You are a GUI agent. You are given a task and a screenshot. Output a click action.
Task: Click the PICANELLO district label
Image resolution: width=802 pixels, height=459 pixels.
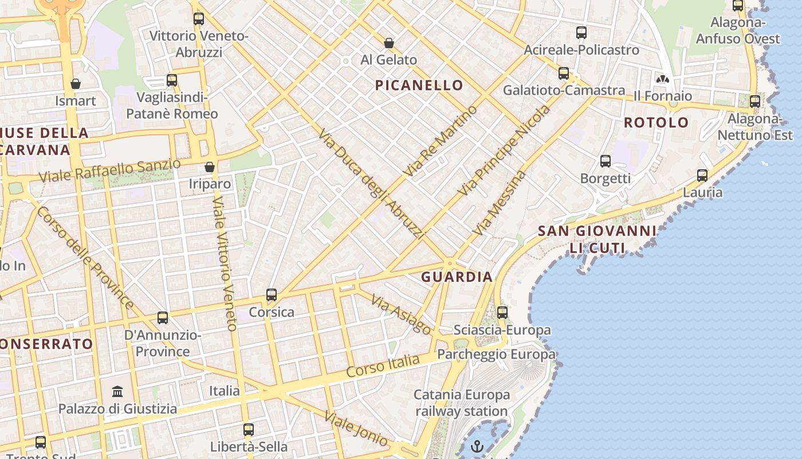(x=419, y=85)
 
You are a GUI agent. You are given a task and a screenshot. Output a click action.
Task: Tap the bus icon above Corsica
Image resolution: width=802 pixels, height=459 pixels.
(x=272, y=295)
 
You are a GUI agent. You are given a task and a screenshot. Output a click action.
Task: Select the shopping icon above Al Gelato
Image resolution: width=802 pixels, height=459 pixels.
(x=389, y=42)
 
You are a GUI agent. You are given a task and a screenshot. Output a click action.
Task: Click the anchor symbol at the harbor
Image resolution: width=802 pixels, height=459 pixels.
(x=477, y=445)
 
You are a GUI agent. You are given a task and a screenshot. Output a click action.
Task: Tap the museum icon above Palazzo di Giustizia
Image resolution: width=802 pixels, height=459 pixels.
(x=117, y=391)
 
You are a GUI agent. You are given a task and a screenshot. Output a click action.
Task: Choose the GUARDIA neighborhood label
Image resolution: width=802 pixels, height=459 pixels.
(x=457, y=277)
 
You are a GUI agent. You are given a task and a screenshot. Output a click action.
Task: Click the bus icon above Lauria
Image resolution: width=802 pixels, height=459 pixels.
(x=702, y=175)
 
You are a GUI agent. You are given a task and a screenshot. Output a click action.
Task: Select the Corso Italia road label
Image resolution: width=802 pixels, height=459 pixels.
(x=383, y=365)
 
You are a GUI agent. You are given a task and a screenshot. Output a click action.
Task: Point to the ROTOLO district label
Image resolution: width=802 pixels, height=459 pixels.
(x=656, y=122)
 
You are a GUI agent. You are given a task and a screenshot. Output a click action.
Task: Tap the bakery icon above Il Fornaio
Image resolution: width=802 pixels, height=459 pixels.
(x=662, y=79)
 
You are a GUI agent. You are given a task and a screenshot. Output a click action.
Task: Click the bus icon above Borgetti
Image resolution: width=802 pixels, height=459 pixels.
(x=606, y=161)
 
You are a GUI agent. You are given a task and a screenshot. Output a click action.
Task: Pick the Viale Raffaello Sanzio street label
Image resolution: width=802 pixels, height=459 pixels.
(x=109, y=170)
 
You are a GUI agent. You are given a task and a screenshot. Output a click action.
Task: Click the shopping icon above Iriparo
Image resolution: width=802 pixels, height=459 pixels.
(x=210, y=167)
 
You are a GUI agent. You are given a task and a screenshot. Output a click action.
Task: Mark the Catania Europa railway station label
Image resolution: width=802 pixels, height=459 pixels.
(x=462, y=403)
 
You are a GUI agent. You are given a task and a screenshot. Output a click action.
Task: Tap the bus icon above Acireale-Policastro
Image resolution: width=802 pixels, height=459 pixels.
(x=581, y=33)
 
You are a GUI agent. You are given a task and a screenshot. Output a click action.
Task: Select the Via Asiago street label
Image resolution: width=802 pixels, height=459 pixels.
(x=401, y=314)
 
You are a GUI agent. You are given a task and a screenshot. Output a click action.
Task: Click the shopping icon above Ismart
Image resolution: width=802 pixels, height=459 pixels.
(x=76, y=84)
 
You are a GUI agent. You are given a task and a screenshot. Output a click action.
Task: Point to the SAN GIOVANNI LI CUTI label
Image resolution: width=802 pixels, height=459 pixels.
(x=597, y=239)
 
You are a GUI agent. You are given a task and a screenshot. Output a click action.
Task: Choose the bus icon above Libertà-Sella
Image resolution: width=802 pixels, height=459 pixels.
(x=249, y=429)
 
